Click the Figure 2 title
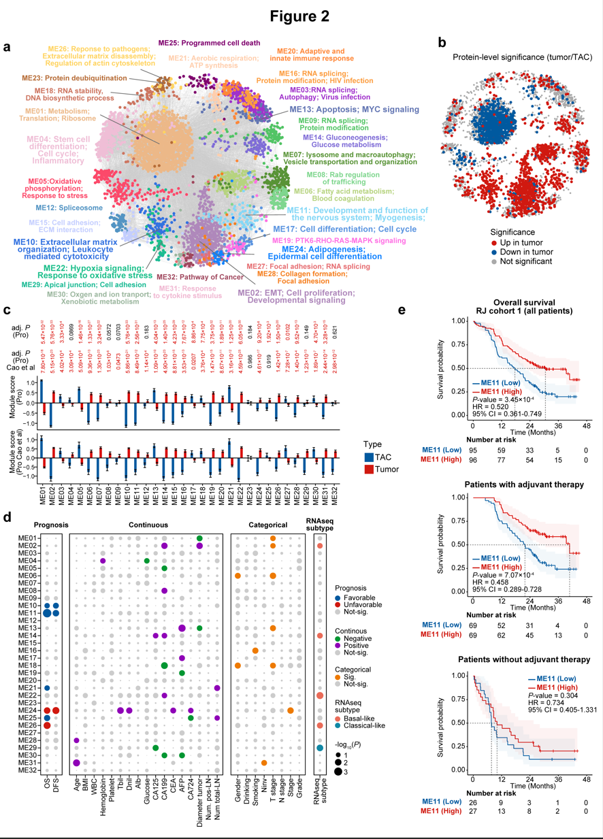point(301,15)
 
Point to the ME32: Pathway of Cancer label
point(197,278)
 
